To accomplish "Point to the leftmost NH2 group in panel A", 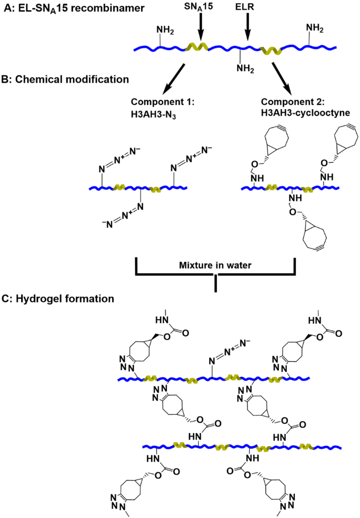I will click(x=165, y=29).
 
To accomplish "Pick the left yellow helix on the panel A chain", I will click(x=196, y=47).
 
